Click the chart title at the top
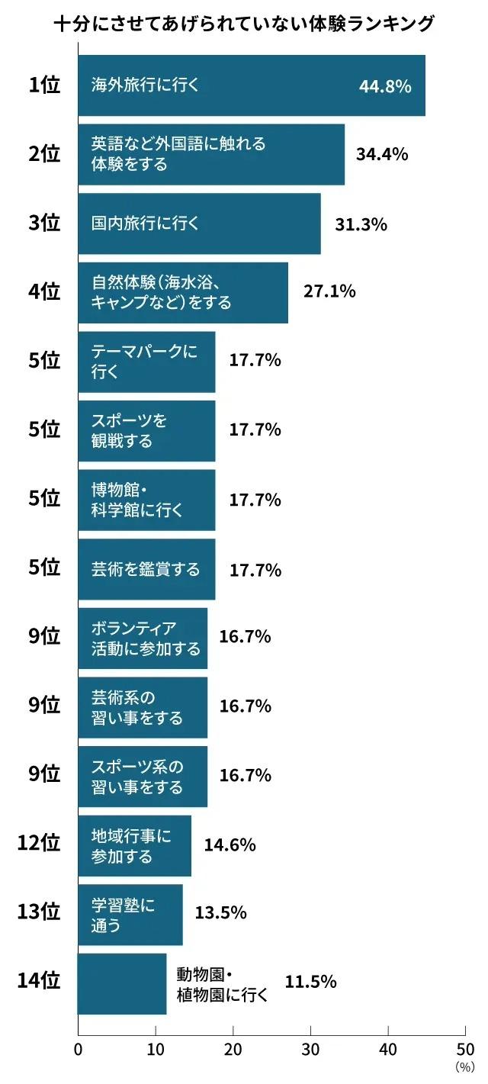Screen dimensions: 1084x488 (x=244, y=24)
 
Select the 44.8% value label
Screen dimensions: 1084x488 (x=385, y=86)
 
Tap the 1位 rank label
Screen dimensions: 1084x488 (x=44, y=85)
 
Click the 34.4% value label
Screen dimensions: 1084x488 (x=382, y=154)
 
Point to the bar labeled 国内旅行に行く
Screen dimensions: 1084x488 (x=199, y=224)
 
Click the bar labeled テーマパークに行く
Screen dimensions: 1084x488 (x=146, y=362)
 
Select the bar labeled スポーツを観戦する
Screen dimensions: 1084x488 (x=146, y=431)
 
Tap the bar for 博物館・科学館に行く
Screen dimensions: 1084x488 (x=146, y=500)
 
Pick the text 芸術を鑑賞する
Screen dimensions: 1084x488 (x=146, y=569)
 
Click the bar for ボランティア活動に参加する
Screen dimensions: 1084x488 (x=143, y=638)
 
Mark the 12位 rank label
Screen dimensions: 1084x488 (x=39, y=844)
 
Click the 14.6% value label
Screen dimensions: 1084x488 (x=230, y=844)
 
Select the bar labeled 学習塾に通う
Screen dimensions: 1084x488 (x=130, y=915)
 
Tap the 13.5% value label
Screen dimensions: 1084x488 (x=221, y=913)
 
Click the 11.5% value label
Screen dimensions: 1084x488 (x=310, y=982)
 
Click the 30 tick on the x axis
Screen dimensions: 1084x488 (x=310, y=1048)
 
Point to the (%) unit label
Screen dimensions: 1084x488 (x=464, y=1067)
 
